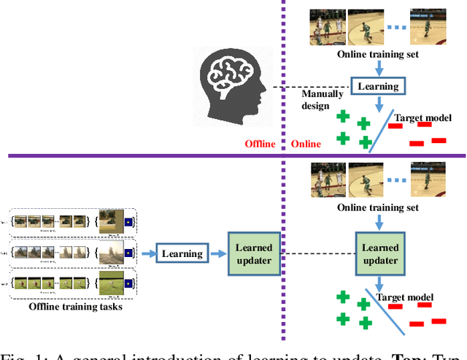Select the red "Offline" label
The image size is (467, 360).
[260, 144]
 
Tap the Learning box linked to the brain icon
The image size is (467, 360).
[378, 86]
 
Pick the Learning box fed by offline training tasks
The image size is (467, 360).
[182, 254]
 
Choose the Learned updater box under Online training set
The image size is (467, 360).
[380, 254]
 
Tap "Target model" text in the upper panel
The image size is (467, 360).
[422, 118]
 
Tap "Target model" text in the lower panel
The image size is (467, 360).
[404, 297]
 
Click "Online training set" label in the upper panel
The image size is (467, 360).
[377, 54]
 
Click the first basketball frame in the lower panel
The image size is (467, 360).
[327, 180]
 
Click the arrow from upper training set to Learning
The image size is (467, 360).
[378, 67]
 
